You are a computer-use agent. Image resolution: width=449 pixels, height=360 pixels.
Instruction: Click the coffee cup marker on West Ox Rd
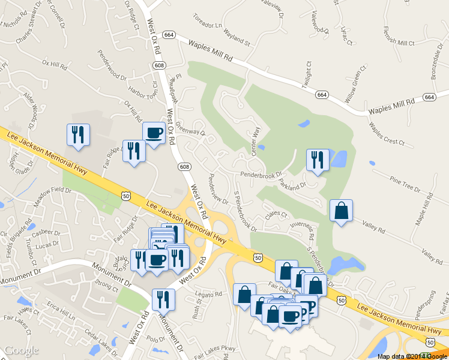(x=154, y=133)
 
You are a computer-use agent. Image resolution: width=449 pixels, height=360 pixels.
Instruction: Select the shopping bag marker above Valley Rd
(x=341, y=211)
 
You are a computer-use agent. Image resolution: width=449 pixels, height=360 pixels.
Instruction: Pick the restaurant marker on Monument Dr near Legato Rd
(x=163, y=299)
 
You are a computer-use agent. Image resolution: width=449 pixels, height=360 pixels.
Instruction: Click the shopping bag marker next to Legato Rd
(x=244, y=295)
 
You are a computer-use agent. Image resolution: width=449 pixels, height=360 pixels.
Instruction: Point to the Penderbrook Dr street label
(x=261, y=175)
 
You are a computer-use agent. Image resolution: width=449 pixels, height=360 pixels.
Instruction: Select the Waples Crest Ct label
(x=387, y=134)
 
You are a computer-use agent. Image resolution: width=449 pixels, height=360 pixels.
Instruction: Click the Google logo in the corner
(x=21, y=351)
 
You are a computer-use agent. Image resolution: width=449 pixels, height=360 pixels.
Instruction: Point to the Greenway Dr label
(x=191, y=130)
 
